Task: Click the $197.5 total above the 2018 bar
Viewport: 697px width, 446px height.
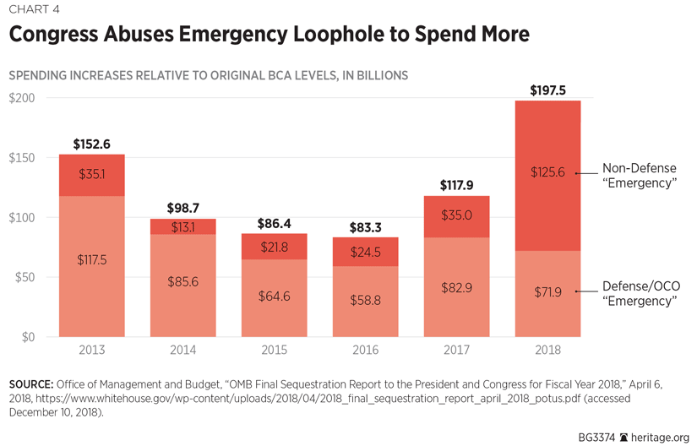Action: [547, 90]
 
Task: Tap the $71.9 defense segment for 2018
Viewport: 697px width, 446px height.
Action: [547, 292]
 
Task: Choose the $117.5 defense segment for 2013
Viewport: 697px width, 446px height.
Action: [91, 260]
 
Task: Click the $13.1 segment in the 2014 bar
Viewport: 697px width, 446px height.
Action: [182, 226]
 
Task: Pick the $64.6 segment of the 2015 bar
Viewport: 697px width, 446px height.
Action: [274, 297]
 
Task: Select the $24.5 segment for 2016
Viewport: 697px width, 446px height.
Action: [365, 253]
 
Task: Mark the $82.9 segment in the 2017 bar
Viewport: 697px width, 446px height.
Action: [456, 287]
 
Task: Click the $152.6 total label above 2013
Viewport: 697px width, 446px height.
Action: [91, 144]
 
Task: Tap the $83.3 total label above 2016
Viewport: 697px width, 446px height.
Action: [365, 227]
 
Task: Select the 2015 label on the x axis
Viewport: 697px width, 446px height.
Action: [274, 350]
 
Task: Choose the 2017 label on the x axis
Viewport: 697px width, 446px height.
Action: [456, 350]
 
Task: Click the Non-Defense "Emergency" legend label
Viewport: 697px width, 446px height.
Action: [639, 175]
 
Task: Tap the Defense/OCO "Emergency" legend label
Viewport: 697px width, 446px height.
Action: [640, 294]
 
